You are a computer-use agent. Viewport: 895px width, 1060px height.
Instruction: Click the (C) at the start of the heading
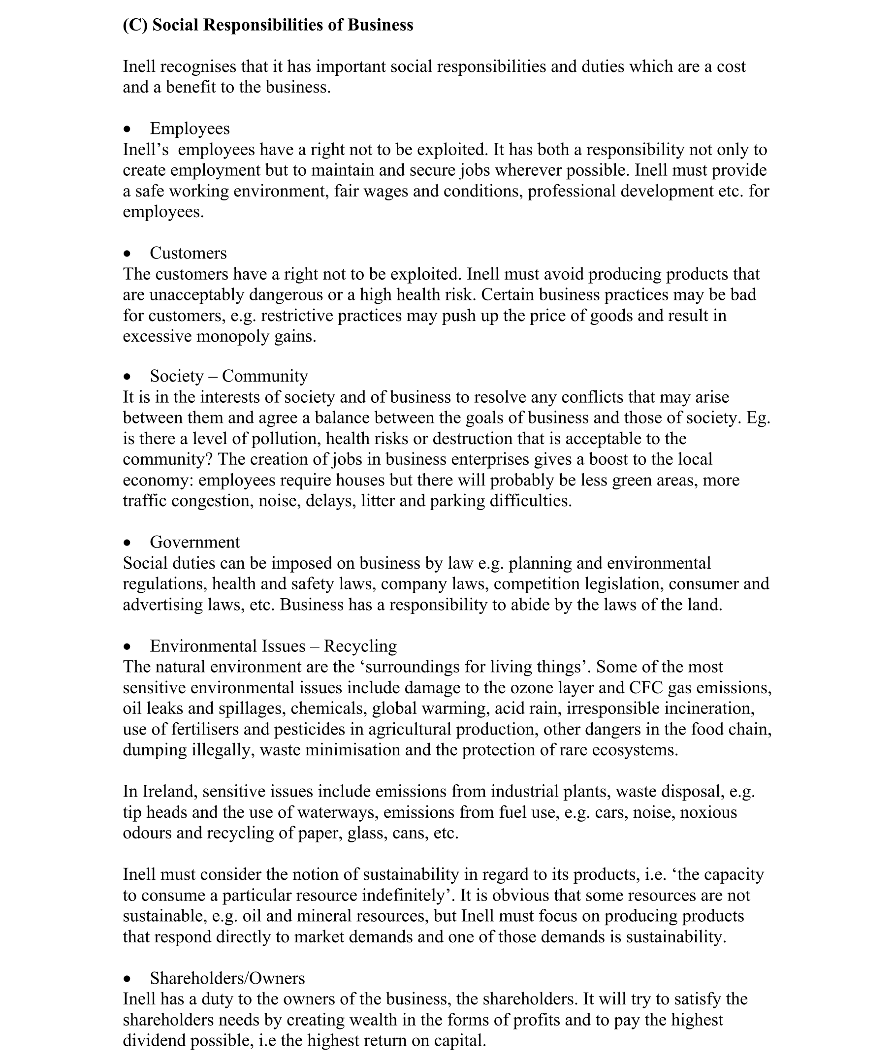[135, 25]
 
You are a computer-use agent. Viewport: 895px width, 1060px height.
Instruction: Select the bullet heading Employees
[190, 128]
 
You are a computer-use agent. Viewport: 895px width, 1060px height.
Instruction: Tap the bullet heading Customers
[188, 253]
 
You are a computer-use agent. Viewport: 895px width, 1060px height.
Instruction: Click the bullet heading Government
[195, 542]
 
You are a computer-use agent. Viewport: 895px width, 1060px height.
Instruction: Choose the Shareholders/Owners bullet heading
[227, 978]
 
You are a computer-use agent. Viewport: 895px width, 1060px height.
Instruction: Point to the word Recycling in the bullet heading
[360, 646]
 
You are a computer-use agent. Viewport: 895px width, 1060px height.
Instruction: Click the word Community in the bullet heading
[265, 376]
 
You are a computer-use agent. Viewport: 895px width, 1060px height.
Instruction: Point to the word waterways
[337, 812]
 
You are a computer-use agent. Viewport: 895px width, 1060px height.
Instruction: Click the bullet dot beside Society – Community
[128, 377]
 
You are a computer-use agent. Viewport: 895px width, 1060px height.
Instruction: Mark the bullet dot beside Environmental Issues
[128, 647]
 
